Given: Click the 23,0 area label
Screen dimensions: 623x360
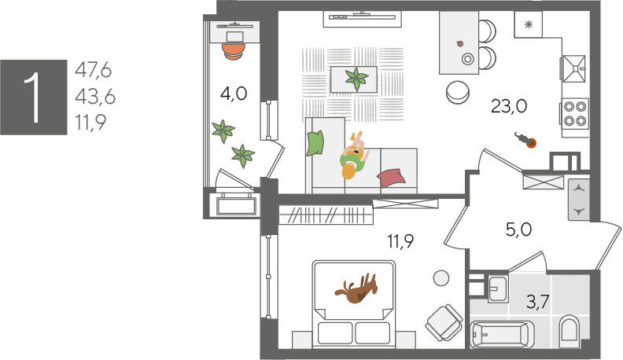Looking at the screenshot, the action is pyautogui.click(x=509, y=106).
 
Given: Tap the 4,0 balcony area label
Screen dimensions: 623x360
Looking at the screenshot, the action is pyautogui.click(x=234, y=94).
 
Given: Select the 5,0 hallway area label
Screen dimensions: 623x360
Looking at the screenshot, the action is pyautogui.click(x=519, y=230).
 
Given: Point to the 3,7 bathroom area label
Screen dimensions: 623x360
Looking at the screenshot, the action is pyautogui.click(x=537, y=302).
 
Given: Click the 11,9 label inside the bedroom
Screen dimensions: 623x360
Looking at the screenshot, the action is pyautogui.click(x=400, y=241).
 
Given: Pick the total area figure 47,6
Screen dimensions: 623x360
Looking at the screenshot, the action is pyautogui.click(x=94, y=70).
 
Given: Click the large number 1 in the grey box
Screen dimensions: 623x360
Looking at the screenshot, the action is pyautogui.click(x=33, y=97).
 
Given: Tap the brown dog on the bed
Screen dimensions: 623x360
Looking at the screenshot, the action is pyautogui.click(x=356, y=288).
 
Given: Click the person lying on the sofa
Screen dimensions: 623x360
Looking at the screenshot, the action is pyautogui.click(x=354, y=156).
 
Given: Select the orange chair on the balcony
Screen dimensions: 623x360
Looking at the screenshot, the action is pyautogui.click(x=233, y=51).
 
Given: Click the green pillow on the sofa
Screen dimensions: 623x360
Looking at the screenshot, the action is pyautogui.click(x=315, y=143).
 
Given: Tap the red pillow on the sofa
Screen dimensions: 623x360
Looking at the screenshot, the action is pyautogui.click(x=391, y=178).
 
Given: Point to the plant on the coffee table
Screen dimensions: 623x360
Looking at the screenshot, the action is pyautogui.click(x=356, y=79).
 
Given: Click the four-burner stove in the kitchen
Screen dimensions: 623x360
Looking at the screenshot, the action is pyautogui.click(x=575, y=113).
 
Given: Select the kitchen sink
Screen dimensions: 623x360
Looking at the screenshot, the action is pyautogui.click(x=573, y=68).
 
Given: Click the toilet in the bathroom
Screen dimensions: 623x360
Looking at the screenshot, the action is pyautogui.click(x=570, y=329).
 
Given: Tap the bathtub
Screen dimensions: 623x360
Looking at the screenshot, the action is pyautogui.click(x=502, y=334).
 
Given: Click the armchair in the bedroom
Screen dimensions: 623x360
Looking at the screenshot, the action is pyautogui.click(x=444, y=323).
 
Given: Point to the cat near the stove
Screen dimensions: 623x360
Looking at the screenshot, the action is pyautogui.click(x=525, y=140).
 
